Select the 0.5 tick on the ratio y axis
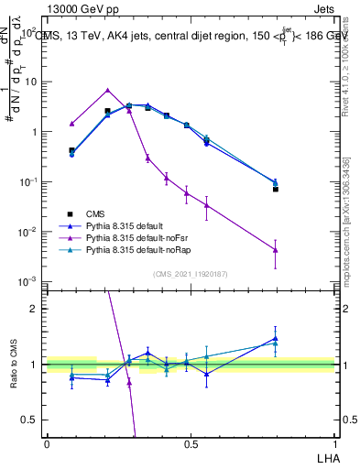click(29, 420)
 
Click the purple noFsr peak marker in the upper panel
click(108, 90)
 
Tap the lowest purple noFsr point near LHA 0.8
click(276, 250)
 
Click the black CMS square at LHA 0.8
click(276, 189)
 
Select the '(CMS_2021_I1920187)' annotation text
click(189, 272)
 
